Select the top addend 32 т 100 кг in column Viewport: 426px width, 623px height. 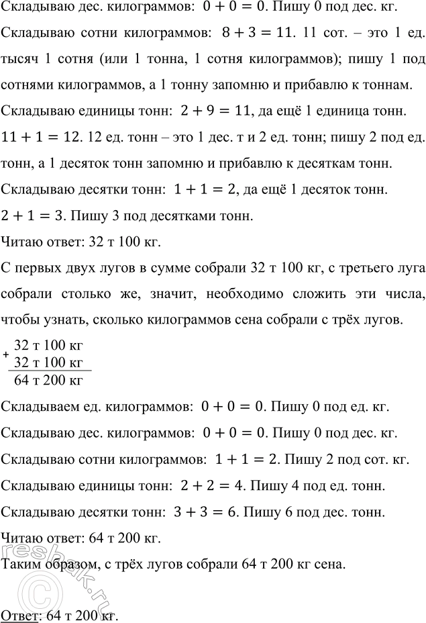(48, 346)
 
